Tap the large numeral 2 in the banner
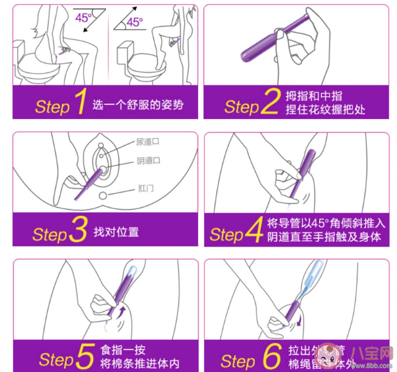pyautogui.click(x=270, y=104)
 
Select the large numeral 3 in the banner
pyautogui.click(x=78, y=232)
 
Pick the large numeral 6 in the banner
pyautogui.click(x=271, y=357)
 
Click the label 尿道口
pyautogui.click(x=148, y=142)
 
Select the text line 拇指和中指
pyautogui.click(x=314, y=96)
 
